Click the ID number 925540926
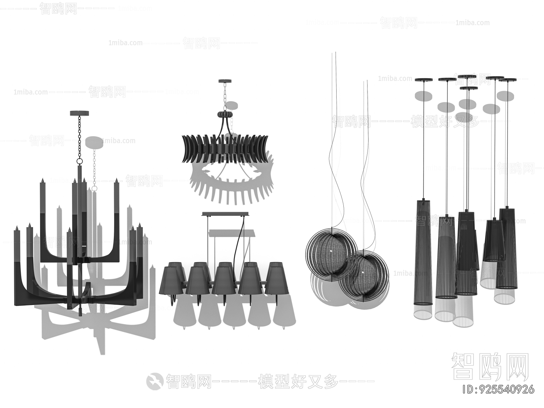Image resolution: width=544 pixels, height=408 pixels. pyautogui.click(x=500, y=389)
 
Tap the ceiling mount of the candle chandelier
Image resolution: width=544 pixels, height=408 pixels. pyautogui.click(x=80, y=113)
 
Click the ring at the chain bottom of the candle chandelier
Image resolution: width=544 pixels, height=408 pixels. pyautogui.click(x=80, y=160)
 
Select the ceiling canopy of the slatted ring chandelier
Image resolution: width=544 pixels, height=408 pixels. pyautogui.click(x=225, y=81)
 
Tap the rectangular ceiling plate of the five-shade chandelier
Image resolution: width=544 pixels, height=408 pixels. pyautogui.click(x=225, y=214)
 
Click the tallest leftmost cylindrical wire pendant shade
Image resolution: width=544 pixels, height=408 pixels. pyautogui.click(x=423, y=252)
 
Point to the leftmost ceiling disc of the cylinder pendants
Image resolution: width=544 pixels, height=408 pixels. pyautogui.click(x=424, y=80)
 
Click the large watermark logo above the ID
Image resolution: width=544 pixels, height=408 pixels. pyautogui.click(x=490, y=367)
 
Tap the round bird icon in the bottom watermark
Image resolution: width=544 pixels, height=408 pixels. pyautogui.click(x=155, y=380)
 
